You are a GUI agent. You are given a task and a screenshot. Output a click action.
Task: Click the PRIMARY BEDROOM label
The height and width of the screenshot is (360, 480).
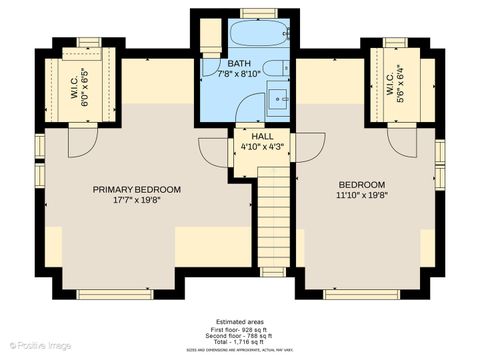(137, 189)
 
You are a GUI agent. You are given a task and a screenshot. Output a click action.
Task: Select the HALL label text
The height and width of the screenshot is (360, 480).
(262, 136)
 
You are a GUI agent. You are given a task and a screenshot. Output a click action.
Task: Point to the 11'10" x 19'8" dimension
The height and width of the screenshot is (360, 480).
(361, 197)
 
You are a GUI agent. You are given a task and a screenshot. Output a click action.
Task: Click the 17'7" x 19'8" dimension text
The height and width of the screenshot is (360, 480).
(137, 200)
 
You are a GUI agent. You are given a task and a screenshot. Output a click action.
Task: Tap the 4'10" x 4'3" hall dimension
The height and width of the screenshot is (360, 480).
(262, 147)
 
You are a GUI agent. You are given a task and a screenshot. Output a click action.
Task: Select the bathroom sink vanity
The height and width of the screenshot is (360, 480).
(278, 99)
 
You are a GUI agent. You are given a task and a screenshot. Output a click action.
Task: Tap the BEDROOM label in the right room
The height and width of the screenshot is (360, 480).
(361, 185)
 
